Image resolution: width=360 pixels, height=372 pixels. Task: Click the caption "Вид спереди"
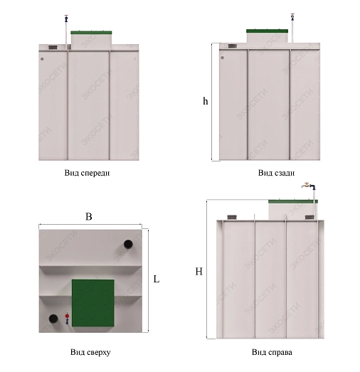tap(87, 173)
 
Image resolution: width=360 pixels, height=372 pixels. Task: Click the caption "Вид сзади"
tap(276, 173)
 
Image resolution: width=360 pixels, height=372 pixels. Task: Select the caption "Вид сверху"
tap(90, 352)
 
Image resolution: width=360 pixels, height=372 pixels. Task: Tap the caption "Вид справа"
tap(272, 352)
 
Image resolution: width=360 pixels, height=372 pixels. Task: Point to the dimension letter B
tap(88, 217)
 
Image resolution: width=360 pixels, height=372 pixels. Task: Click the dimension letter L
tap(157, 280)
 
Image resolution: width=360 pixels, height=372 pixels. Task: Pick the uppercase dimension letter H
tap(199, 272)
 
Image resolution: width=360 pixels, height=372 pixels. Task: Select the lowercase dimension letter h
tap(206, 101)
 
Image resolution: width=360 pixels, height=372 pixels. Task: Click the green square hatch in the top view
tap(92, 303)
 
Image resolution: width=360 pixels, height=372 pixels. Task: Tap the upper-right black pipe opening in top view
tap(128, 244)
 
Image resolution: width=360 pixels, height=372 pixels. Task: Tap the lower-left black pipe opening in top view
tap(53, 319)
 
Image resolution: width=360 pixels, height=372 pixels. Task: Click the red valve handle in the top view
tap(67, 316)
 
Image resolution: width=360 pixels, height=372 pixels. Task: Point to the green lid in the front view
tap(91, 33)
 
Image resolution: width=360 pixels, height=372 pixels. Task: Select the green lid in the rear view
tap(268, 31)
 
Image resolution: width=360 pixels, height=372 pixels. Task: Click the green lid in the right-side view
tap(293, 202)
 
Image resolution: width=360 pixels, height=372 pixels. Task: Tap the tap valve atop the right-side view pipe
tap(309, 186)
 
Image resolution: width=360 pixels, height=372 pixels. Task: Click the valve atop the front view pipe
tap(66, 18)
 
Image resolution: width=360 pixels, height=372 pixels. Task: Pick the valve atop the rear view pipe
tap(292, 17)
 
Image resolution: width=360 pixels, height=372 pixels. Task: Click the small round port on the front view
tap(42, 59)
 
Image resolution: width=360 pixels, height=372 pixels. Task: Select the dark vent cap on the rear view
tap(232, 46)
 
